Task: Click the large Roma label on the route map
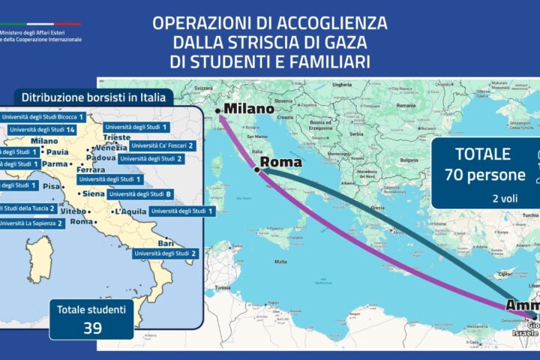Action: click(x=280, y=162)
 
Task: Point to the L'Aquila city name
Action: click(x=128, y=212)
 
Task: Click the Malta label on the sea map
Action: click(x=280, y=262)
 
